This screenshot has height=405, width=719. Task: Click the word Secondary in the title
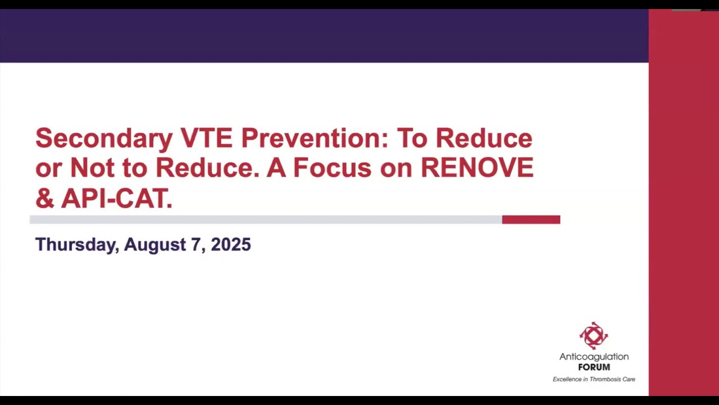(x=104, y=138)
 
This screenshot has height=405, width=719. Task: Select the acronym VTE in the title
(x=206, y=138)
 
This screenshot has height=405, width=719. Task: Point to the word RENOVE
(x=477, y=168)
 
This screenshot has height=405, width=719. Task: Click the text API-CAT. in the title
(x=117, y=198)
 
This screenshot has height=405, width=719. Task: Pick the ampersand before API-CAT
(x=44, y=198)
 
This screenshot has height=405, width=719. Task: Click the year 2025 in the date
(x=231, y=245)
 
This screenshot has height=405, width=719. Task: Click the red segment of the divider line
(x=531, y=219)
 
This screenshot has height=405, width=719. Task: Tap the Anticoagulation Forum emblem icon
(x=594, y=336)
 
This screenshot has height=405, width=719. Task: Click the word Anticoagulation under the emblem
(x=594, y=357)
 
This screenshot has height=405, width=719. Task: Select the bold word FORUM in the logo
(x=594, y=367)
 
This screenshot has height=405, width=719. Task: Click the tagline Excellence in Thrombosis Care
(x=594, y=379)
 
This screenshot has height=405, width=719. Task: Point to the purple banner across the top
(x=324, y=35)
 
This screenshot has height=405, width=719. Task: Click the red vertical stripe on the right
(x=684, y=202)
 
